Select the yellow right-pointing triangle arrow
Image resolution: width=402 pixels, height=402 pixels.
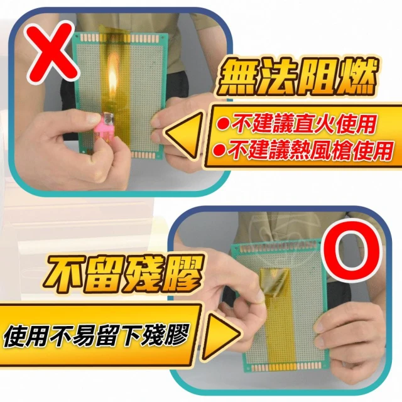click(x=220, y=334)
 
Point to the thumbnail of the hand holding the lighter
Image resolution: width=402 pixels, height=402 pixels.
click(x=90, y=119)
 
